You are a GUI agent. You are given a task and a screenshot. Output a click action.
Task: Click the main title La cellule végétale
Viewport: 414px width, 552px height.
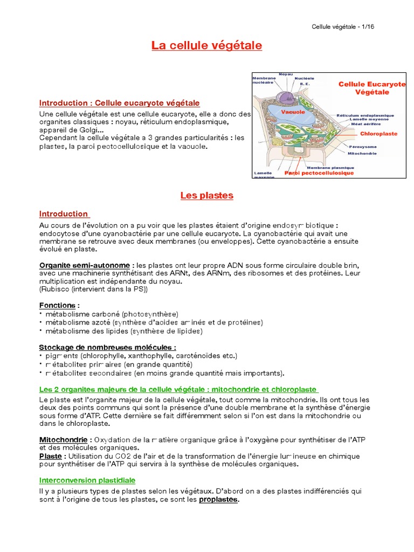pyautogui.click(x=206, y=46)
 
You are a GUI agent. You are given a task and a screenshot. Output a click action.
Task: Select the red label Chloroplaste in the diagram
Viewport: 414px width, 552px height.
pyautogui.click(x=378, y=133)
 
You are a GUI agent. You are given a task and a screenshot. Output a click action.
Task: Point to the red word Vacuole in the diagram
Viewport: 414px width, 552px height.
pyautogui.click(x=293, y=112)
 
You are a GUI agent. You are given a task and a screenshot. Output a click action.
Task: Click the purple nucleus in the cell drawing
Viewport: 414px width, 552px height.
pyautogui.click(x=284, y=97)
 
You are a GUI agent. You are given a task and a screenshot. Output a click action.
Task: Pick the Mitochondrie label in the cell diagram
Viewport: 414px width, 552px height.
pyautogui.click(x=362, y=154)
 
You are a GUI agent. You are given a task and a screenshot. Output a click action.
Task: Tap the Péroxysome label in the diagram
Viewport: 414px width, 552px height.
pyautogui.click(x=363, y=147)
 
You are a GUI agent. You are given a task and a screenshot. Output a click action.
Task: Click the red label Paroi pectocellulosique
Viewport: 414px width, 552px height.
pyautogui.click(x=319, y=173)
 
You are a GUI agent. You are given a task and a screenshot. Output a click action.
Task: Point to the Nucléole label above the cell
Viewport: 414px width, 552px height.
pyautogui.click(x=304, y=78)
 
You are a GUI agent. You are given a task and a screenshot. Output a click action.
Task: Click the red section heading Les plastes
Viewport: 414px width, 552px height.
pyautogui.click(x=206, y=196)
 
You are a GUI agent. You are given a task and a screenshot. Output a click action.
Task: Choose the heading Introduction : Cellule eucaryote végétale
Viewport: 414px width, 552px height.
pyautogui.click(x=120, y=103)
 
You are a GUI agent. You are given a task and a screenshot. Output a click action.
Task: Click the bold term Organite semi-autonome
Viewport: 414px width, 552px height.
pyautogui.click(x=85, y=266)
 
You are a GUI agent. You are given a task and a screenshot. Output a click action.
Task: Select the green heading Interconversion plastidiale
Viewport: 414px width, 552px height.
pyautogui.click(x=87, y=480)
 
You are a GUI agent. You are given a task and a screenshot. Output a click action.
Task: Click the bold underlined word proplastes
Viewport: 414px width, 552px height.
pyautogui.click(x=218, y=499)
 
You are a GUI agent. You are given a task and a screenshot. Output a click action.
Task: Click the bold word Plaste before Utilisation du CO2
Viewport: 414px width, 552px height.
pyautogui.click(x=50, y=456)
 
